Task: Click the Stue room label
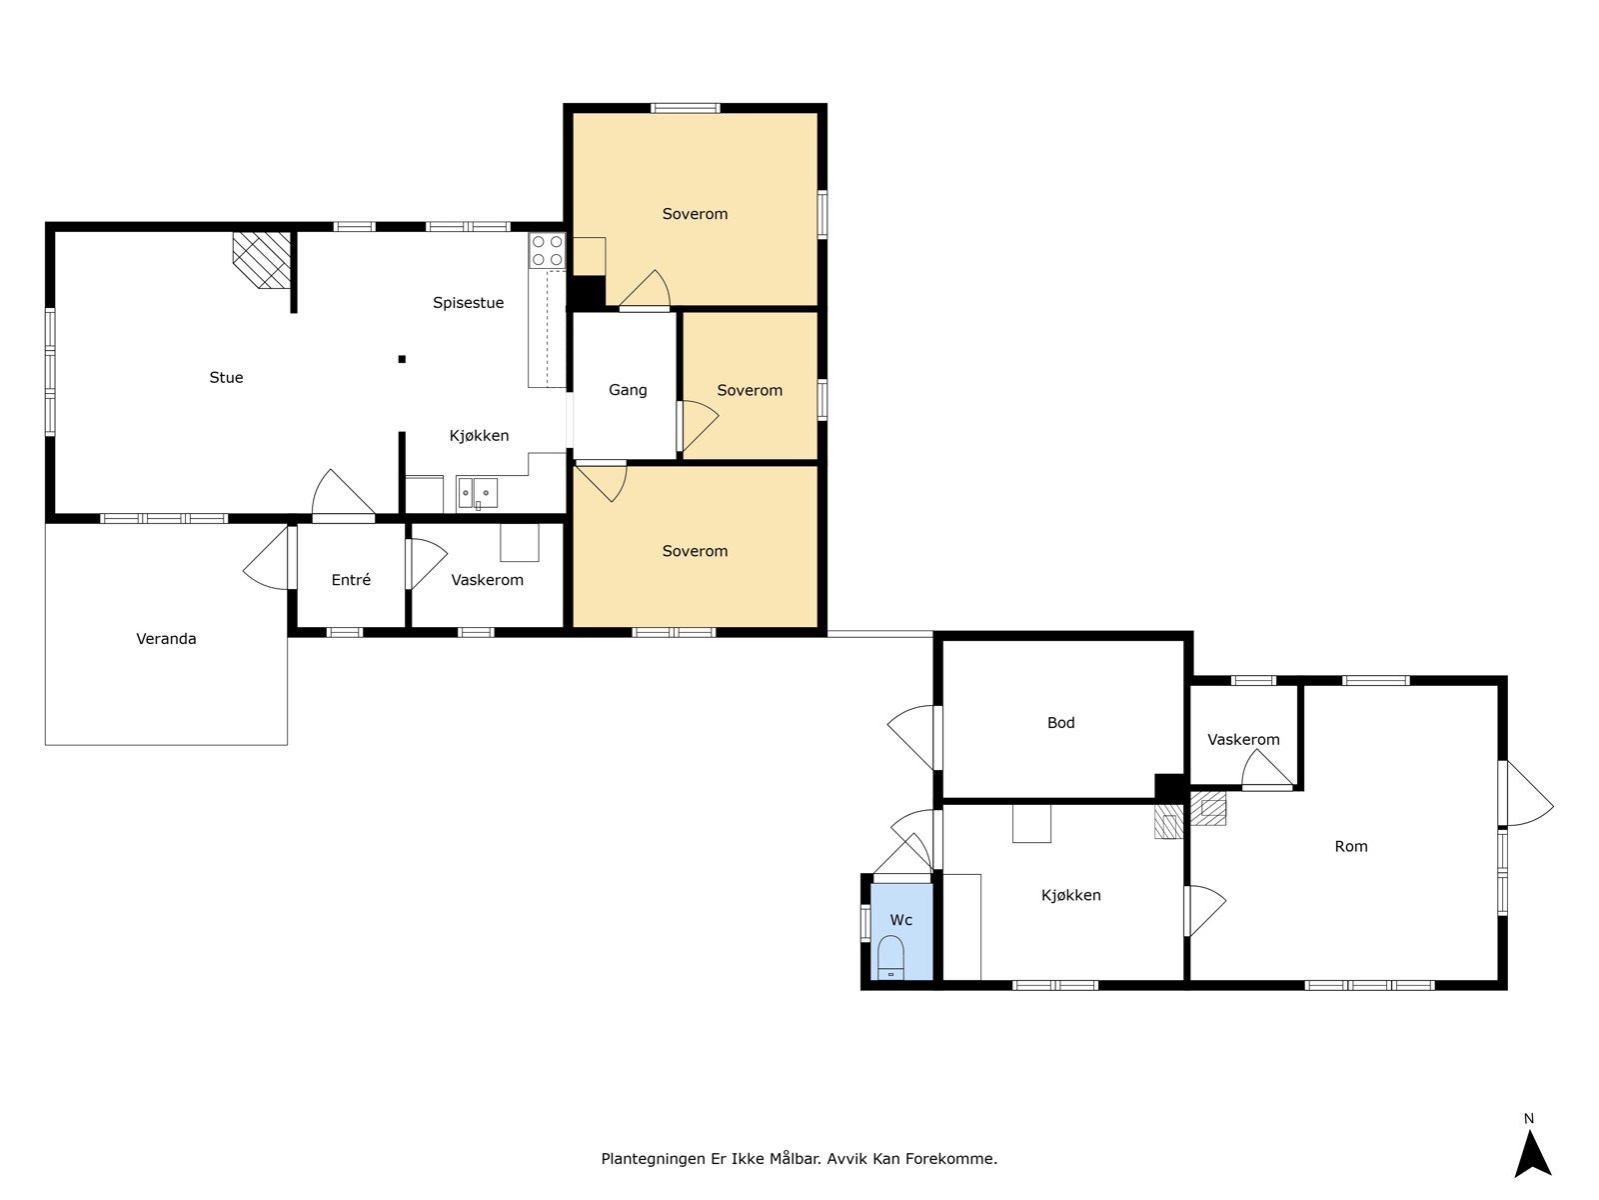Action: tap(226, 377)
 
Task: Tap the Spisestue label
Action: tap(468, 303)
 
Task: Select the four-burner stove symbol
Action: tap(547, 251)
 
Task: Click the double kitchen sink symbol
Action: tap(477, 493)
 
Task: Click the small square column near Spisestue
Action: tap(402, 359)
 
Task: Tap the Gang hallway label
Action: tap(628, 391)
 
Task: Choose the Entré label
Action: tap(351, 580)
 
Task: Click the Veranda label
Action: tap(166, 639)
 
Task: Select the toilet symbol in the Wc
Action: tap(890, 957)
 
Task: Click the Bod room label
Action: tap(1060, 723)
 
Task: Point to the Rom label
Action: tap(1350, 847)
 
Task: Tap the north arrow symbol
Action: tap(1533, 1153)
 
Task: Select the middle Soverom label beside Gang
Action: tap(750, 391)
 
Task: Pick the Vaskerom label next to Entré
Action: tap(487, 581)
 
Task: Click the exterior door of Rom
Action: tap(1527, 794)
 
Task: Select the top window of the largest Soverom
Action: tap(685, 109)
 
